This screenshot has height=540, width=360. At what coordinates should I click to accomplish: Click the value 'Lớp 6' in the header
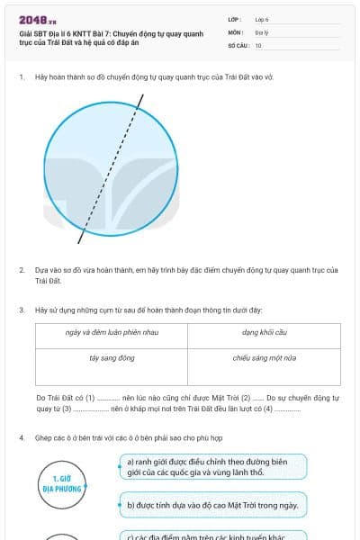click(262, 19)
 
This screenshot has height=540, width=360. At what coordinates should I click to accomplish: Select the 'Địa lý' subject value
click(261, 31)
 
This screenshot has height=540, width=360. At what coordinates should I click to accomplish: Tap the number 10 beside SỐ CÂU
click(258, 44)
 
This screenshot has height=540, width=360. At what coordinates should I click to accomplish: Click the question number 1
click(21, 77)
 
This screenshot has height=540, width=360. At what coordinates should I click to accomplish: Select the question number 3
click(21, 310)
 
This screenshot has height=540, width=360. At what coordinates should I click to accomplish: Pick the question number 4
click(21, 438)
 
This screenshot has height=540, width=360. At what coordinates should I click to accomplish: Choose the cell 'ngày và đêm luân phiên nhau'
click(112, 333)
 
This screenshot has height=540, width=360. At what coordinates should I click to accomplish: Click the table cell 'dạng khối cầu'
click(264, 333)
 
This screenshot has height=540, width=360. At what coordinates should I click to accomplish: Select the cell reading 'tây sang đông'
click(112, 357)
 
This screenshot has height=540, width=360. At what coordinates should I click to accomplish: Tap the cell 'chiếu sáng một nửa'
click(264, 357)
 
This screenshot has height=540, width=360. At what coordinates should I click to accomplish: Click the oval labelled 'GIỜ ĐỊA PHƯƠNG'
click(63, 483)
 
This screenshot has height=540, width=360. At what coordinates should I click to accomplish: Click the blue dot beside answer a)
click(120, 466)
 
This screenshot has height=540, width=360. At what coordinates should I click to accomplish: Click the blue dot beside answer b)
click(120, 505)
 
